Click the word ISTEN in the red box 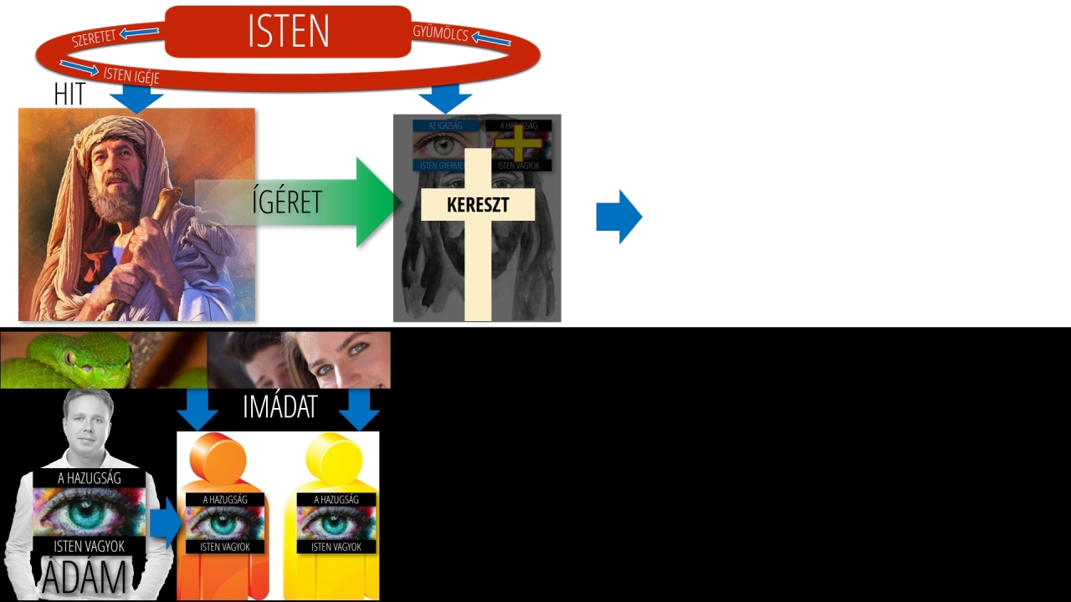(x=288, y=32)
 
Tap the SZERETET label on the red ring (x=94, y=37)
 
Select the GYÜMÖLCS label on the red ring (x=440, y=33)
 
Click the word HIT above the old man (x=69, y=94)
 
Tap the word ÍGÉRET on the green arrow (x=286, y=202)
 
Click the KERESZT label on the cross (x=478, y=205)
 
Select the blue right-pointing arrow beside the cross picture (x=618, y=217)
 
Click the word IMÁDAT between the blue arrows (x=279, y=407)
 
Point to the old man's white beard (x=118, y=202)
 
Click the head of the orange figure (x=218, y=457)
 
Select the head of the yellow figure (x=336, y=457)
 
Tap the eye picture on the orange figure (x=224, y=523)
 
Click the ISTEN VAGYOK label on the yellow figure (x=336, y=547)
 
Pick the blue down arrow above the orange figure (x=197, y=409)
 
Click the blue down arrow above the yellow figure (x=360, y=409)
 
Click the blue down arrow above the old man (x=136, y=98)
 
